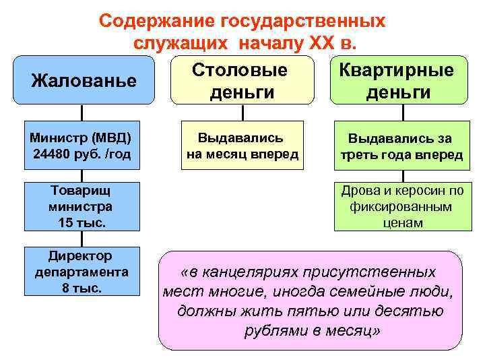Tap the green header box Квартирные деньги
(x=398, y=81)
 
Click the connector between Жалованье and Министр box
(x=82, y=113)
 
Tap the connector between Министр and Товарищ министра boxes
(x=82, y=174)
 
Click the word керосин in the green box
(x=411, y=189)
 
